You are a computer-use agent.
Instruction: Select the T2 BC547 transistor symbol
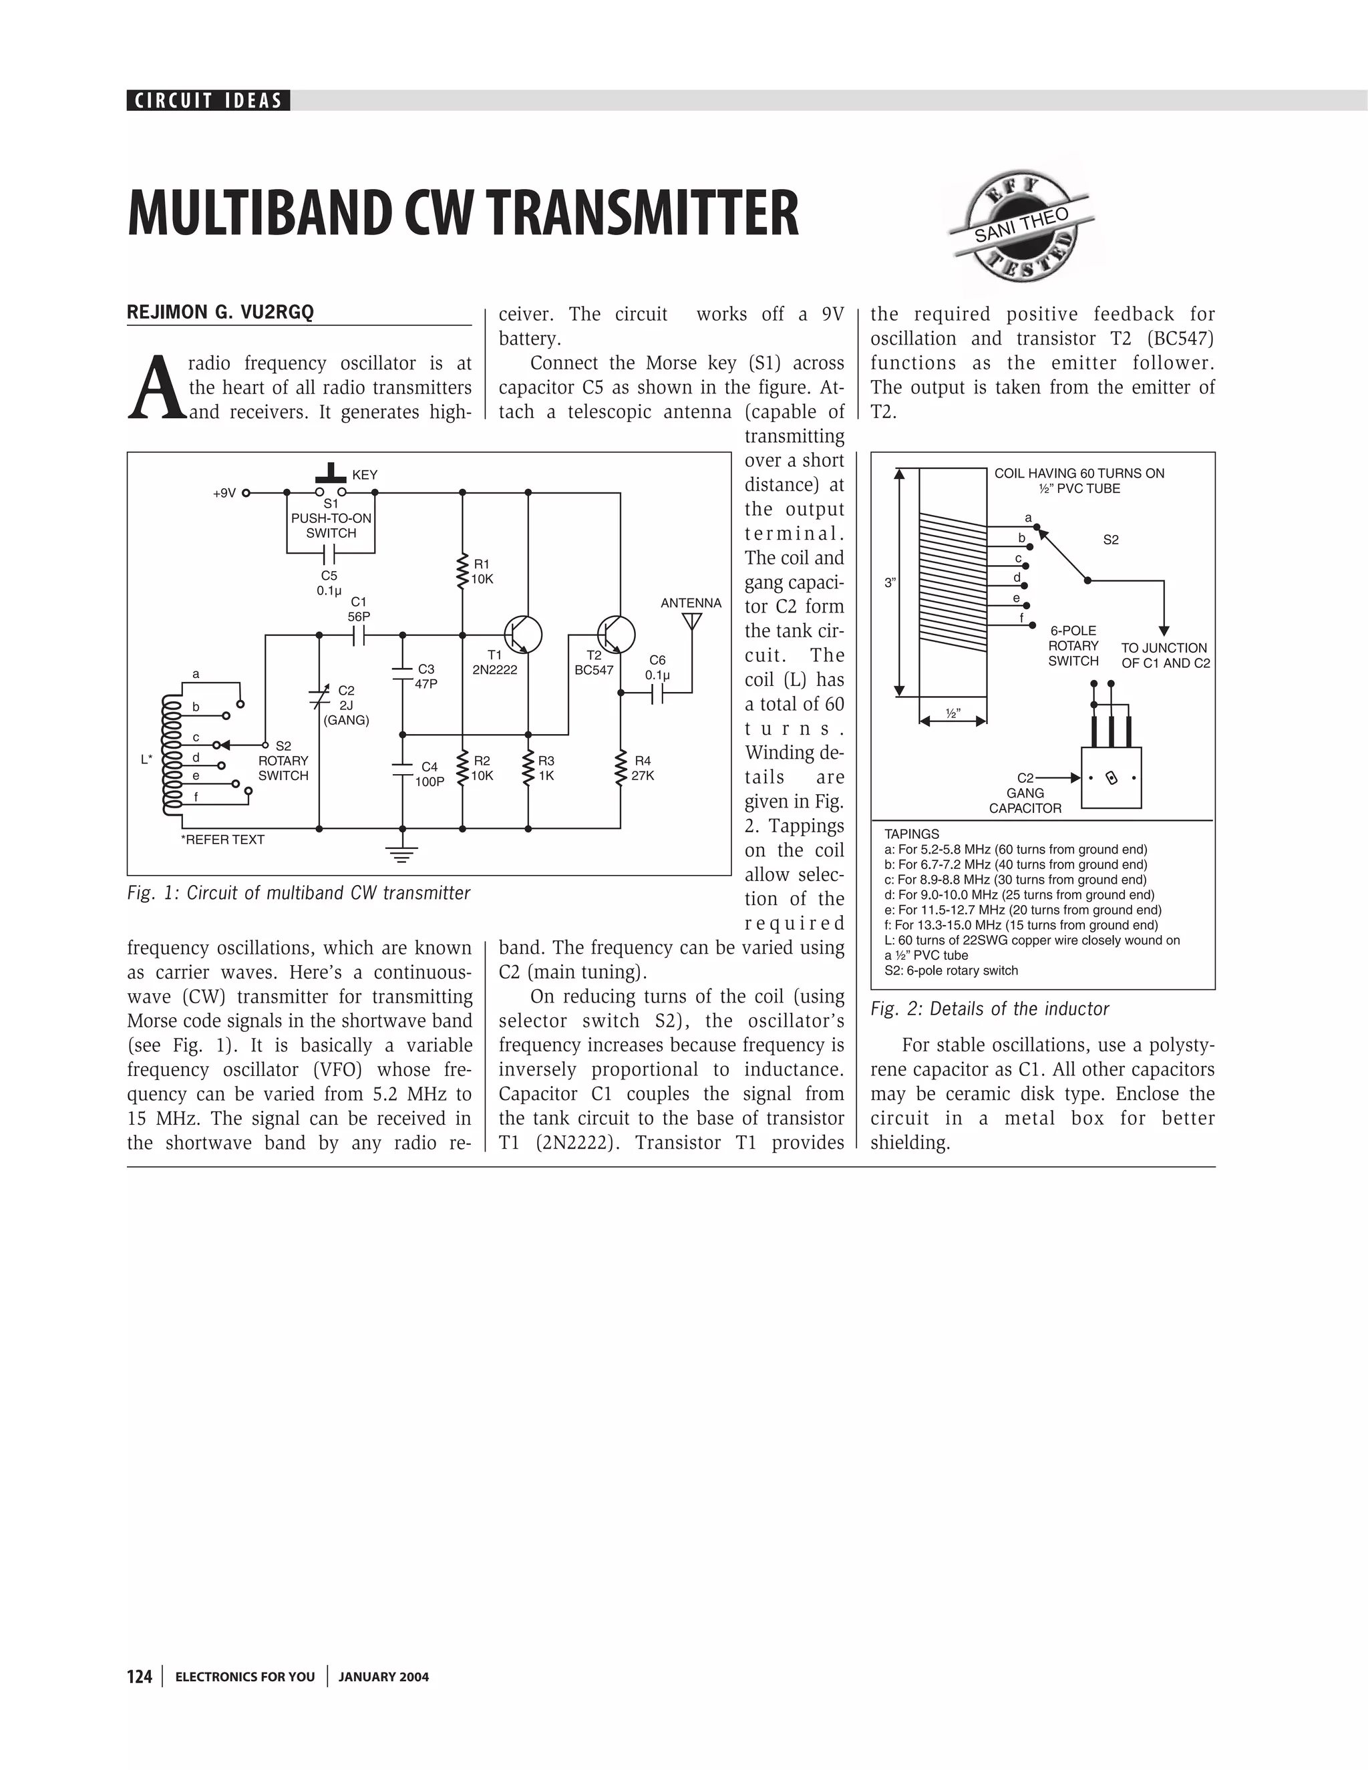(616, 634)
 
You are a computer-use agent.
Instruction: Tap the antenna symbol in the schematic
(691, 622)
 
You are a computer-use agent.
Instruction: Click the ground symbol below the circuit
(402, 852)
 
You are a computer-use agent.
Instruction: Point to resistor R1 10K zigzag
(462, 571)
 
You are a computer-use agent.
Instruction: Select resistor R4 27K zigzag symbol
(621, 767)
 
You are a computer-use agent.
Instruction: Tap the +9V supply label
(224, 493)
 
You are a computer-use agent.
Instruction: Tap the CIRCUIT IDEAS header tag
(208, 100)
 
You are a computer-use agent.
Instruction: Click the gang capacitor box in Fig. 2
(1111, 778)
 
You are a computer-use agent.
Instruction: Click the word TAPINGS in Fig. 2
(912, 834)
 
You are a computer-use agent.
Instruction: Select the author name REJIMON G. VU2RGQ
(220, 313)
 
